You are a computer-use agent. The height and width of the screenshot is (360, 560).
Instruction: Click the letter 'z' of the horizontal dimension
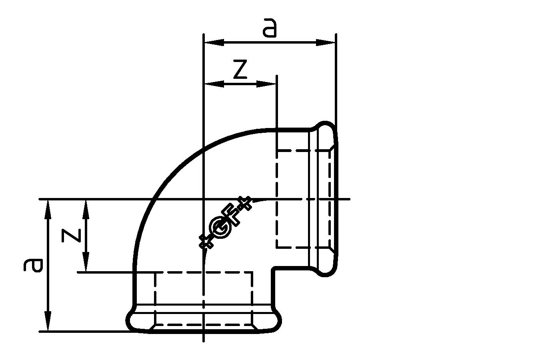click(240, 70)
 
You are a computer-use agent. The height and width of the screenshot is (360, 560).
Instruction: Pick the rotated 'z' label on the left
click(72, 236)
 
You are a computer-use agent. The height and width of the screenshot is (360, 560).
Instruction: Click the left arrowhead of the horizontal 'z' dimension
click(214, 84)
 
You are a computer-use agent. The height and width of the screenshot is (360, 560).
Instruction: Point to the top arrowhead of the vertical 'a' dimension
click(48, 209)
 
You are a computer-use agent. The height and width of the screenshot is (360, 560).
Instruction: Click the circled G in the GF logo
click(221, 230)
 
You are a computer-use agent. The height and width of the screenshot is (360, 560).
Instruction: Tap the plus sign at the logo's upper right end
click(245, 203)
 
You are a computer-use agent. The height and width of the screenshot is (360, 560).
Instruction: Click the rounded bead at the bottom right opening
click(326, 272)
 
